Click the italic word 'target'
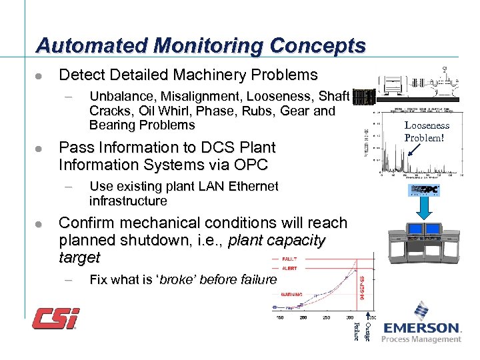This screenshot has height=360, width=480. tap(79, 257)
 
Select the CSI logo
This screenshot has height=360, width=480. tap(57, 318)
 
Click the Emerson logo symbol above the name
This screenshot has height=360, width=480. tap(421, 311)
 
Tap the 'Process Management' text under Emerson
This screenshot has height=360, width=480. tap(421, 339)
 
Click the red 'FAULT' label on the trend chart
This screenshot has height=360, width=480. tap(288, 259)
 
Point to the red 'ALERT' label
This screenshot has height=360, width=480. tap(288, 268)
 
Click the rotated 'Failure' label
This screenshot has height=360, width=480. tap(356, 329)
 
